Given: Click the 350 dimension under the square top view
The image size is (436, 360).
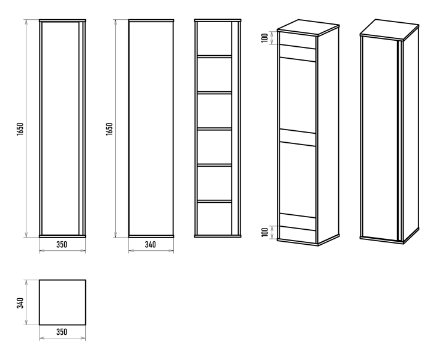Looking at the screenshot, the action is [x=62, y=332].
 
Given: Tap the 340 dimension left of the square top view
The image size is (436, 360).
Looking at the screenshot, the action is [x=20, y=303].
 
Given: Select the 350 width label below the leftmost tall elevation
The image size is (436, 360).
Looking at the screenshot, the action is [x=62, y=244].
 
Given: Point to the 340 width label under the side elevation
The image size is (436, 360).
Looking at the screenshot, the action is [x=151, y=244].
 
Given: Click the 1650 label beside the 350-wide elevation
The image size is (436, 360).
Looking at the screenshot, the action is [x=20, y=129].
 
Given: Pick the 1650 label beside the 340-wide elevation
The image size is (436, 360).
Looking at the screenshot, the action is [x=110, y=129].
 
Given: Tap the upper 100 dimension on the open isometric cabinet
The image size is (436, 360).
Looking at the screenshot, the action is [x=265, y=38].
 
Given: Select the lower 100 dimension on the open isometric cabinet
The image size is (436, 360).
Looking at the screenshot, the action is [x=265, y=232].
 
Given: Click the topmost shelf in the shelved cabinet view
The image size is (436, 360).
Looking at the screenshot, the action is [x=214, y=56].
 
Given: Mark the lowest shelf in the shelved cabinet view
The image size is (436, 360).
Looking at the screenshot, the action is [x=214, y=201].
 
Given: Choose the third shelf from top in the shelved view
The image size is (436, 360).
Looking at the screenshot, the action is [x=214, y=129].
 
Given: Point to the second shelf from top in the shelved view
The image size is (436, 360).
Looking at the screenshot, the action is [x=214, y=92].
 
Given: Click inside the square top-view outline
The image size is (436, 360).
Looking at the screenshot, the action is [x=62, y=302].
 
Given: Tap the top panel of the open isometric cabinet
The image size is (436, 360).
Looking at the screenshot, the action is [x=308, y=28].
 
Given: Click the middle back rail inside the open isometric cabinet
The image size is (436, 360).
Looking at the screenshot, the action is [x=297, y=138].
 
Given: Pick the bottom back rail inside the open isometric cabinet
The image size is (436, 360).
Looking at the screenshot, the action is [x=297, y=222].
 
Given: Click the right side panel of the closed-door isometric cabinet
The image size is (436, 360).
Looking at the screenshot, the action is [x=411, y=134].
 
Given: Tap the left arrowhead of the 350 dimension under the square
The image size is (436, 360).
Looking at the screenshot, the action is [x=41, y=338].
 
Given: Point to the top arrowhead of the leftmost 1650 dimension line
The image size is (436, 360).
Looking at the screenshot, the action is [x=26, y=22].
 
